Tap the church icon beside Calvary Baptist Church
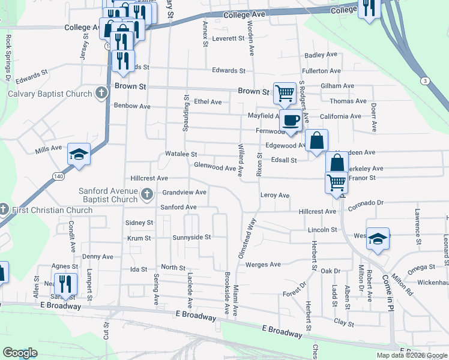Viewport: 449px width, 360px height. pyautogui.click(x=102, y=94)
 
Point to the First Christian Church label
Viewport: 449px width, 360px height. pyautogui.click(x=50, y=210)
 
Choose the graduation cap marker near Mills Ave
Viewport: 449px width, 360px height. pyautogui.click(x=79, y=155)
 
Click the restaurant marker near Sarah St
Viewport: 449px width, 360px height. pyautogui.click(x=65, y=284)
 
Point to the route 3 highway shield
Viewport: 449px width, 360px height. pyautogui.click(x=425, y=80)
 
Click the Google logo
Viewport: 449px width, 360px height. pyautogui.click(x=20, y=353)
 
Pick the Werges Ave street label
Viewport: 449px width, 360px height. pyautogui.click(x=263, y=265)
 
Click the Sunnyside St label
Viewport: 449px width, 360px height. pyautogui.click(x=191, y=237)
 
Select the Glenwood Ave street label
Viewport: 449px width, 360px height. pyautogui.click(x=214, y=168)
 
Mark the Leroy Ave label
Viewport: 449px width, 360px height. pyautogui.click(x=275, y=196)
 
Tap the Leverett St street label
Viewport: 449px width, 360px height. pyautogui.click(x=229, y=38)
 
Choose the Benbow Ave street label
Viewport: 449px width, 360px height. pyautogui.click(x=132, y=106)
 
